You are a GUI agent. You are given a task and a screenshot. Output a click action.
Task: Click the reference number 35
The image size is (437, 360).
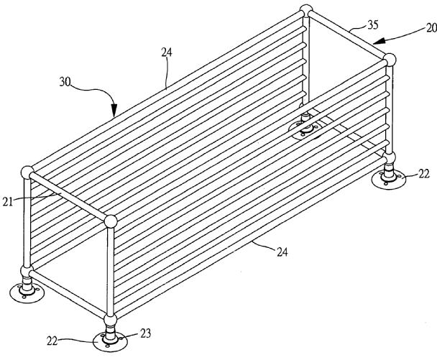point(372,26)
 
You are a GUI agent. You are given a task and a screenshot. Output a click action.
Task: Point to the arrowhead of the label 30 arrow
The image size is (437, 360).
point(114,115)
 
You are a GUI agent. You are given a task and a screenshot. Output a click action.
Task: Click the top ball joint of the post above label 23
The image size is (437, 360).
point(110,221)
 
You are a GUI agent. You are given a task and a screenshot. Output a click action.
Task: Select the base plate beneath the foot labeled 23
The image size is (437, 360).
point(110,338)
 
